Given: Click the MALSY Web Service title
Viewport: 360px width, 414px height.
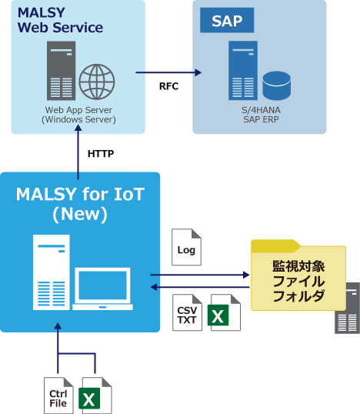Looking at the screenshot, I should pos(60,21).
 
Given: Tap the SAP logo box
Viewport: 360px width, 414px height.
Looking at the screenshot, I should pos(227,21).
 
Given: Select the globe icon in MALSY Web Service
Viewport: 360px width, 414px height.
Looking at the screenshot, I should pos(97,80).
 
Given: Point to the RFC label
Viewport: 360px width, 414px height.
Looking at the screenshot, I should pos(168,86).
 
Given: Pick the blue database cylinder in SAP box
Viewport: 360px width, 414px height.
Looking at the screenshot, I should pos(275,84).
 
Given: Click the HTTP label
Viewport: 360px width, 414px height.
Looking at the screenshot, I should pos(101,154).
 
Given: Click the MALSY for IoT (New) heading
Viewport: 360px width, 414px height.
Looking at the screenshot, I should pos(80,204).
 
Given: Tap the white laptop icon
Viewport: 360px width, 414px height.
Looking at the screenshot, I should pos(103,289).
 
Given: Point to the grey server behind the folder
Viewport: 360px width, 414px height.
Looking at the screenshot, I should pos(348,308).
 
